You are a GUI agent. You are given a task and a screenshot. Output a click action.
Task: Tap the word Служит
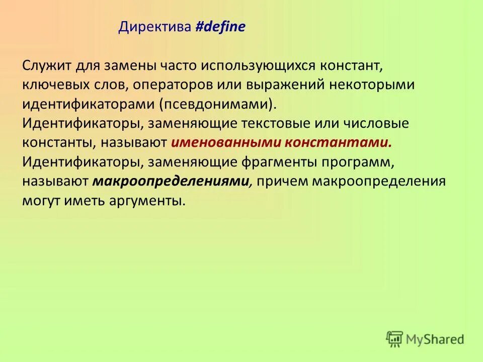47,66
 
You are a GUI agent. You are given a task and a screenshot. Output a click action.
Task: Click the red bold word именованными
225,143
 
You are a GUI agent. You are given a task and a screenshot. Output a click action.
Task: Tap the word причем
281,181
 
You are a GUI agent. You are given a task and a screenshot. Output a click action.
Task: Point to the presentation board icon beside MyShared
394,339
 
